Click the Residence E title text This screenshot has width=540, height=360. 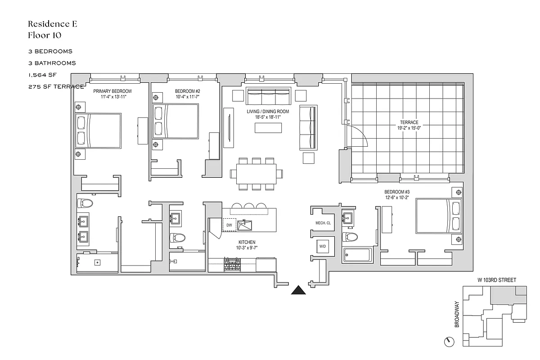point(52,24)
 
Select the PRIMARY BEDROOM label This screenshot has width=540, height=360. point(112,91)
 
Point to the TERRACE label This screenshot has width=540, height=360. point(409,122)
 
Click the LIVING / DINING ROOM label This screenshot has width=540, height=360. point(268,112)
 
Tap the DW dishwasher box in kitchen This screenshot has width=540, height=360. point(229,225)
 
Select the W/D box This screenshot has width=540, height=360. point(323,247)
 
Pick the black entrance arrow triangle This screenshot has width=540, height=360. point(298,290)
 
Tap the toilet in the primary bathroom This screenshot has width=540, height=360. point(85,203)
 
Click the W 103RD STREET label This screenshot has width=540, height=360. point(497,280)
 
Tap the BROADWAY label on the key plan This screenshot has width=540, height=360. point(457,315)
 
